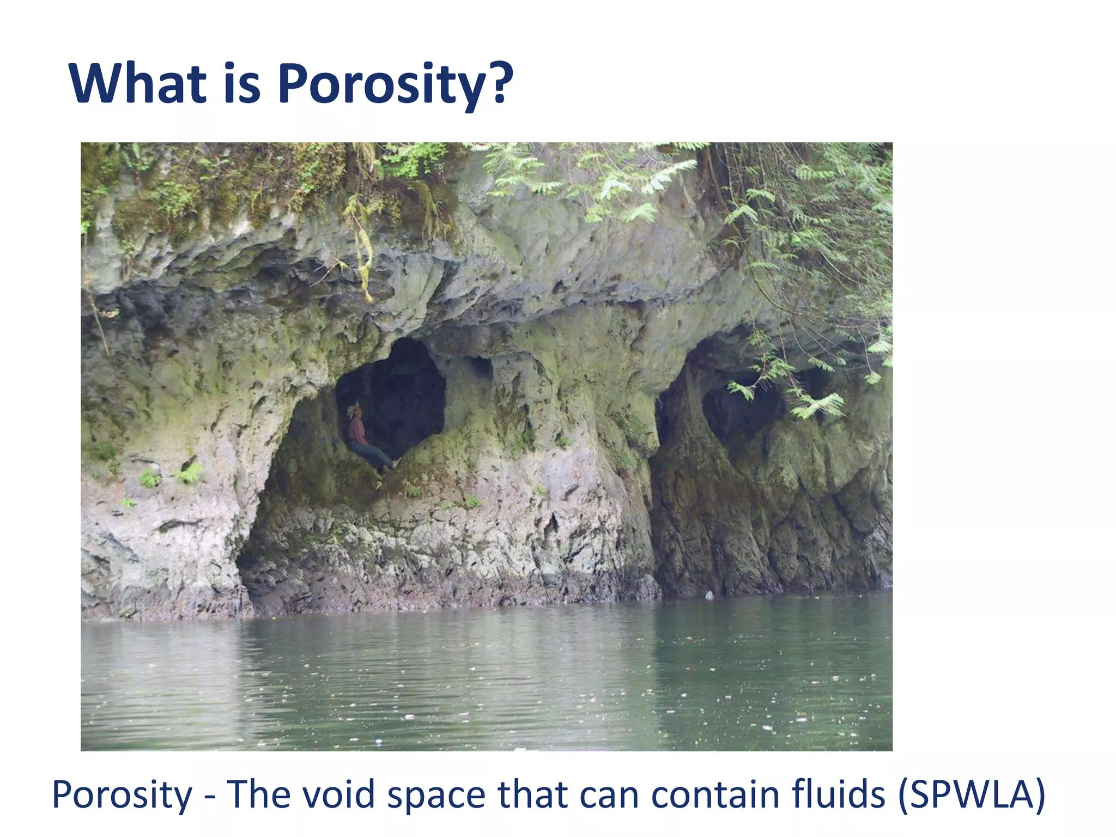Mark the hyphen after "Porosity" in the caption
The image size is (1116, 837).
210,797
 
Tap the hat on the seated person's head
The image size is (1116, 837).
355,409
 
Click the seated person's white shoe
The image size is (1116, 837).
396,463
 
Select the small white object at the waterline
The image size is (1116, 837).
710,596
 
